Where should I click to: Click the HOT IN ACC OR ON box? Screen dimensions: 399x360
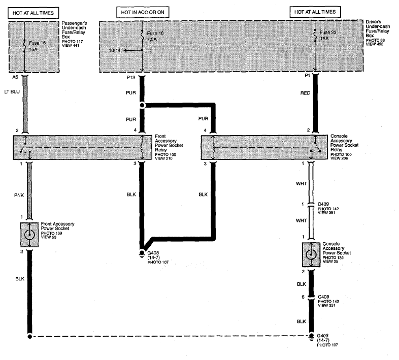point(143,12)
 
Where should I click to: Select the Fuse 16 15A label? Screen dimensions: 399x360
point(37,46)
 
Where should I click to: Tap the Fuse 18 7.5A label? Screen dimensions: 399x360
point(155,36)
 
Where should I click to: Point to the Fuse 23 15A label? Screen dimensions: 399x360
point(328,36)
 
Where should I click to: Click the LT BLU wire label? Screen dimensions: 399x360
point(12,92)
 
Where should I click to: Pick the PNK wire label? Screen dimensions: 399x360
point(19,195)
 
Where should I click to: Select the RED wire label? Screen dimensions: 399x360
point(305,93)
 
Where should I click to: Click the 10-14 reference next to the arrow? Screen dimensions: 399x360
point(115,50)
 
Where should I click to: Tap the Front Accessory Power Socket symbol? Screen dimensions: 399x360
point(29,235)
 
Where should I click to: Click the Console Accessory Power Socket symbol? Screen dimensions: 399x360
point(311,254)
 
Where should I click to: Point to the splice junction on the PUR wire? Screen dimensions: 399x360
point(142,105)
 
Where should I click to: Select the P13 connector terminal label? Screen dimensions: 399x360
point(131,77)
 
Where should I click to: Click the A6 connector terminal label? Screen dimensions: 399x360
point(15,77)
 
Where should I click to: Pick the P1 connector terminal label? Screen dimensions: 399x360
point(307,76)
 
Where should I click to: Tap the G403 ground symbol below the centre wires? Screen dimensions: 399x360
point(142,253)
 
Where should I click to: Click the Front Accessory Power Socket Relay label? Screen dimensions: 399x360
point(169,143)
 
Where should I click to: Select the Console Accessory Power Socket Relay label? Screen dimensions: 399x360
point(344,143)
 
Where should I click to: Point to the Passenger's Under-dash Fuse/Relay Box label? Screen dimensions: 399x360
point(74,30)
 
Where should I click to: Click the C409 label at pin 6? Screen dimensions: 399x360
point(323,297)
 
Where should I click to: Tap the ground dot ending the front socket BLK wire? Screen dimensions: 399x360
point(30,337)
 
